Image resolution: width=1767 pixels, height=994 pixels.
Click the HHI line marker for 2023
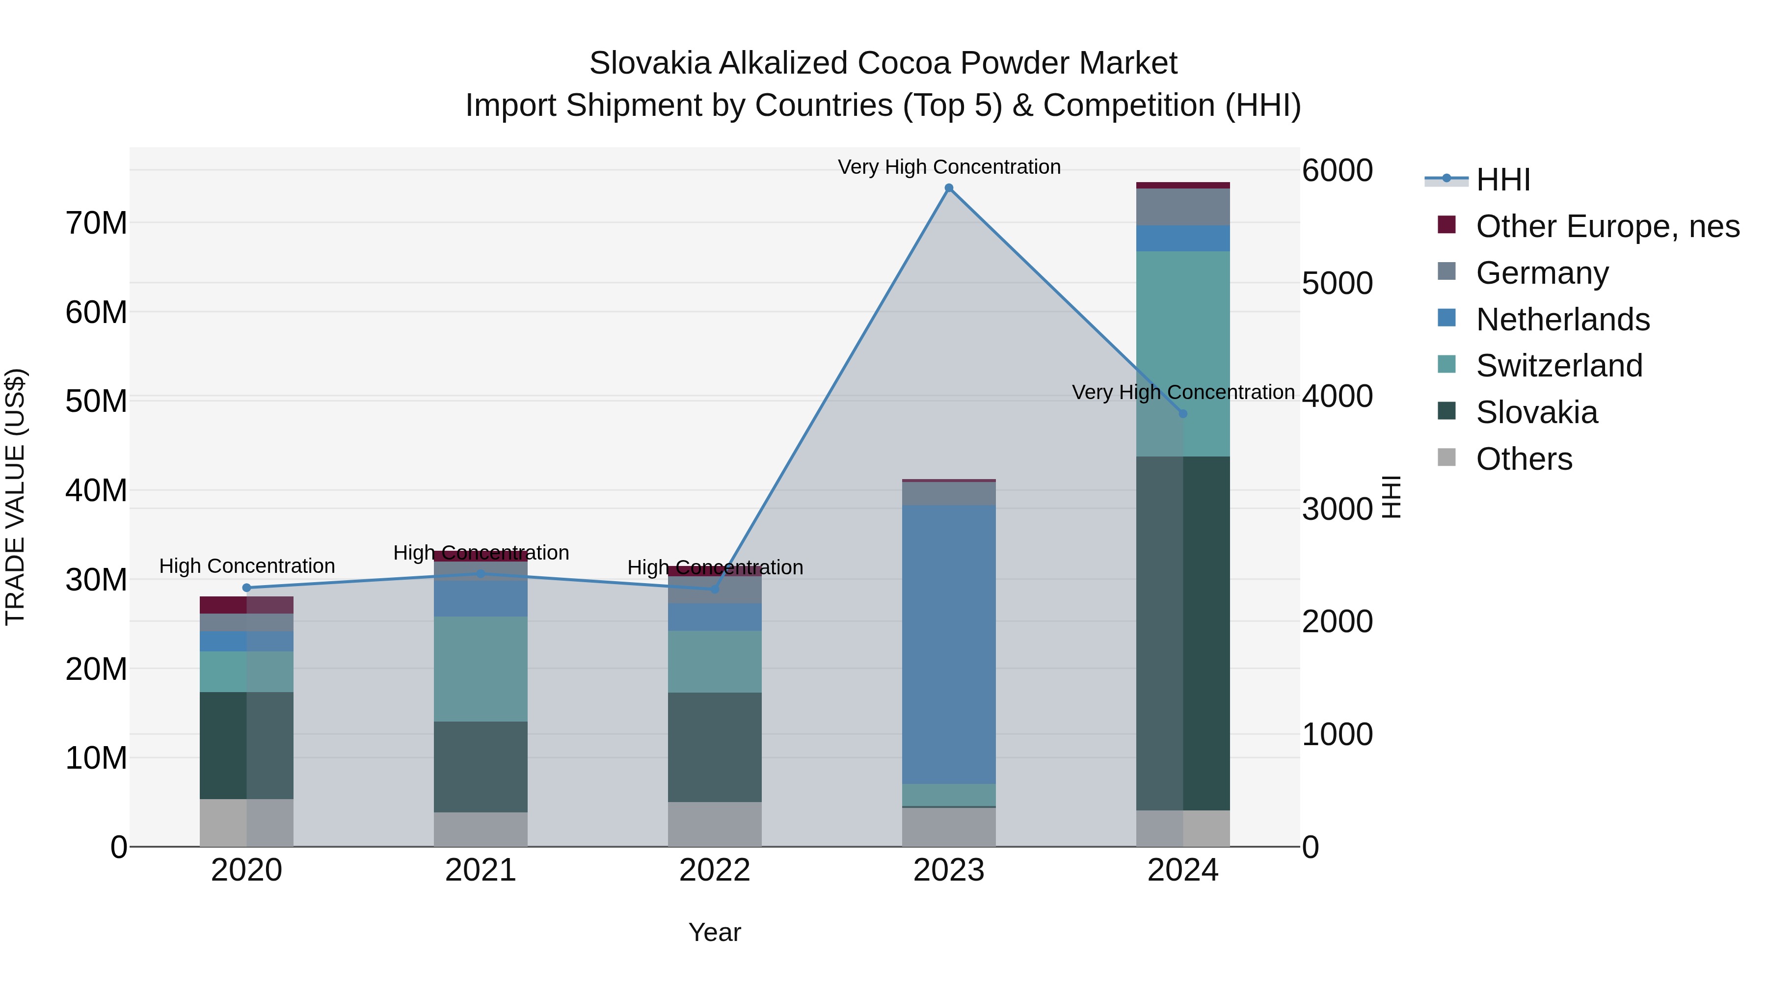(x=949, y=188)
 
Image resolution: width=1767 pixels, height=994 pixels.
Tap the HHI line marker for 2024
(x=1182, y=414)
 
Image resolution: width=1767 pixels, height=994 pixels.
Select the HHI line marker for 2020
(x=247, y=588)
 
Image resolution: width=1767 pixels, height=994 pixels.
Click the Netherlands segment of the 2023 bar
(x=949, y=645)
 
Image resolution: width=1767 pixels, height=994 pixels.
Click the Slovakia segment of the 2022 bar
(x=715, y=747)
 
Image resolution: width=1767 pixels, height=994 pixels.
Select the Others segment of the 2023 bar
(x=949, y=827)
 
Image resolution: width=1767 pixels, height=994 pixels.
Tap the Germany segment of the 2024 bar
(x=1182, y=207)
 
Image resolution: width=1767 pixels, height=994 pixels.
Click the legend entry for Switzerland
(x=1558, y=366)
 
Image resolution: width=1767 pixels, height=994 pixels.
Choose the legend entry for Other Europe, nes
(x=1607, y=226)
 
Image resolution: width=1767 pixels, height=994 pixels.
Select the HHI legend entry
(x=1502, y=180)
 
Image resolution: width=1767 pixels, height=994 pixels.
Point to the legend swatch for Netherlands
(x=1446, y=318)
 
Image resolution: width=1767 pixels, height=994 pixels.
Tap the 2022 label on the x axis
(x=715, y=870)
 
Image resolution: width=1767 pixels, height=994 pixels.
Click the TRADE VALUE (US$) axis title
(x=15, y=497)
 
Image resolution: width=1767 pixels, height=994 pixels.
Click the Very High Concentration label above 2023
(x=949, y=167)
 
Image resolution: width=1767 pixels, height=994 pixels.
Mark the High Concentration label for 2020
(x=247, y=566)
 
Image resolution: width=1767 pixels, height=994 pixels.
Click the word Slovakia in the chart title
(x=649, y=63)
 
